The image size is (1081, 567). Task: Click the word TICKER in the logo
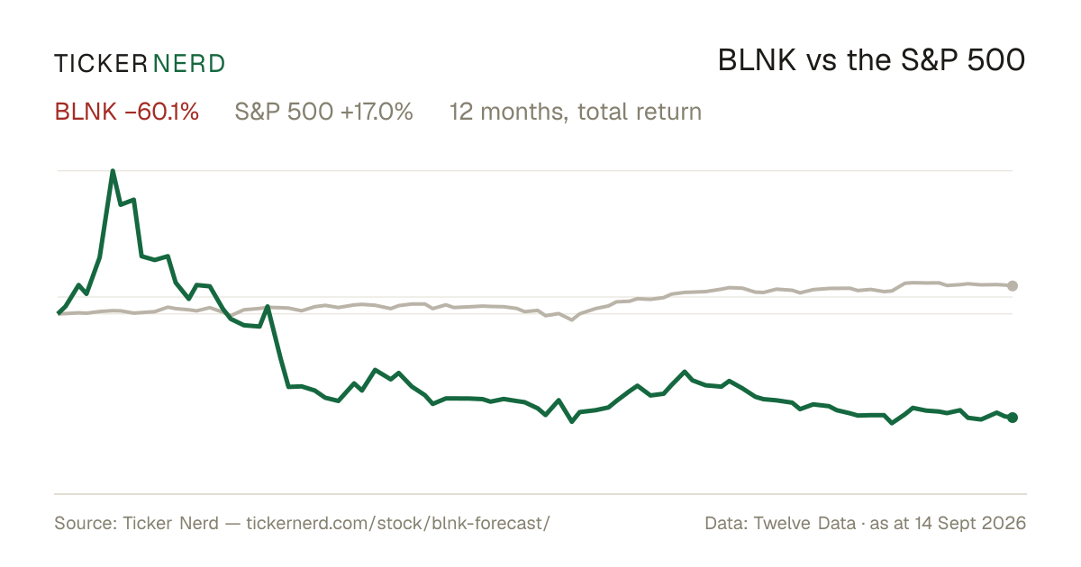point(100,64)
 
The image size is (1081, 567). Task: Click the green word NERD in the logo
point(189,64)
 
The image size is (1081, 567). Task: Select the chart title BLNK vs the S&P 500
point(872,61)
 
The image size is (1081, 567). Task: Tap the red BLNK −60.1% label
point(126,112)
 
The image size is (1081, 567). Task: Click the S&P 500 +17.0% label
point(323,112)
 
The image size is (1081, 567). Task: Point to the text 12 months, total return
point(576,112)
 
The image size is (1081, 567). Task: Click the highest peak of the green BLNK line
point(113,171)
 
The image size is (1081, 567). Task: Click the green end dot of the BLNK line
point(1013,418)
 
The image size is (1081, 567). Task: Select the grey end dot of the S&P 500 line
point(1013,286)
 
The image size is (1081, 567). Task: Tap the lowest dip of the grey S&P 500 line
point(572,319)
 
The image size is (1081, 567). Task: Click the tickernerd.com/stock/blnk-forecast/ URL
point(398,523)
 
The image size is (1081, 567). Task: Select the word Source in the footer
point(83,523)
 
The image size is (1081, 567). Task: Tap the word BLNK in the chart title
point(757,61)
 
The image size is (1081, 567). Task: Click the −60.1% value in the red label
point(161,112)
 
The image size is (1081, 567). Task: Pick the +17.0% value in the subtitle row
point(377,112)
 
